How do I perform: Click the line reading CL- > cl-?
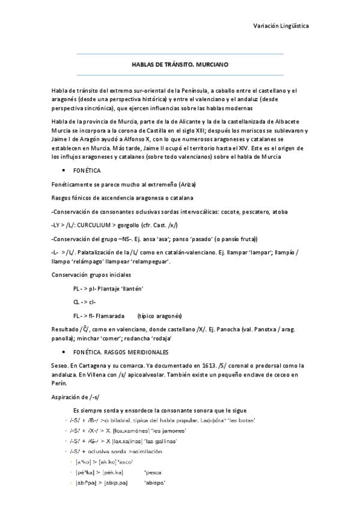84,303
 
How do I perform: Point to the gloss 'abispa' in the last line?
155,482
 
